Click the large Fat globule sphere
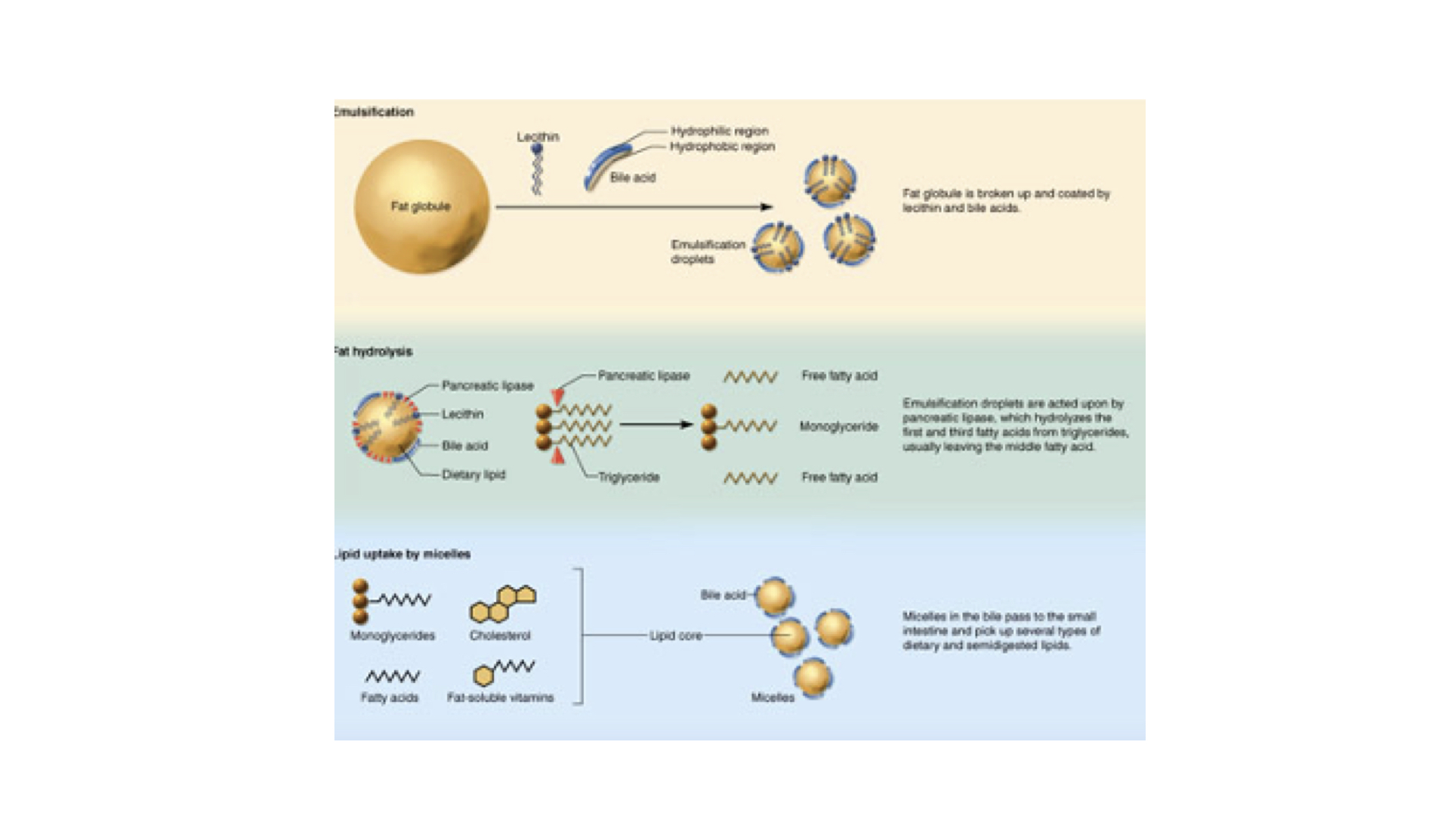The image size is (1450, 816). tap(421, 206)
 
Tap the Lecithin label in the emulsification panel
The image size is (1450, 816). tap(538, 137)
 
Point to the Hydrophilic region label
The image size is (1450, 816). tap(719, 131)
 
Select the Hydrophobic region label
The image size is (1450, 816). tap(722, 147)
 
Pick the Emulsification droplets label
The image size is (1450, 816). tap(707, 252)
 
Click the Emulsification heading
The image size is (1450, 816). tap(375, 112)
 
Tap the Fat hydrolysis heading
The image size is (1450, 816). tap(374, 351)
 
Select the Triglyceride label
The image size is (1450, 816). tap(629, 478)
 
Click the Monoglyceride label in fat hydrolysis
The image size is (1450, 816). tap(838, 427)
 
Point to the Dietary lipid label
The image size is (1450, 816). tap(474, 474)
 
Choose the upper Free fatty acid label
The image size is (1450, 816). tap(839, 376)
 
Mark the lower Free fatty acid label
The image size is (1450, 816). tap(839, 478)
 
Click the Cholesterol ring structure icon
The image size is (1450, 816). tap(503, 604)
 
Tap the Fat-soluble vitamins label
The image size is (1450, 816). tap(500, 697)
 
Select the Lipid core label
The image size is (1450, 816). tap(675, 635)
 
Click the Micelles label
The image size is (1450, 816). tap(773, 697)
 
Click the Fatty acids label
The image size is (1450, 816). tap(390, 697)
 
